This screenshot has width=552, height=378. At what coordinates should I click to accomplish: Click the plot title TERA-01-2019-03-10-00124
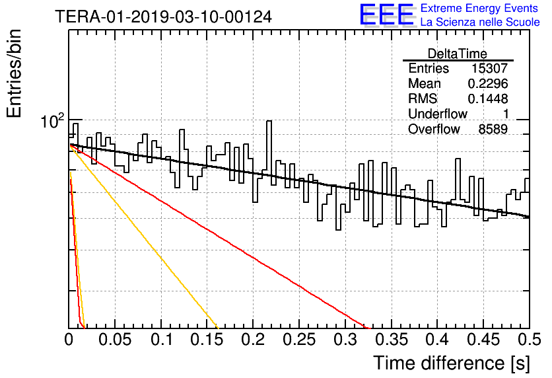[163, 17]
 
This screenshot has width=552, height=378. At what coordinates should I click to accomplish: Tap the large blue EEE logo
[387, 15]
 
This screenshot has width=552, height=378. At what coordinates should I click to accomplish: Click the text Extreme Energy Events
[479, 8]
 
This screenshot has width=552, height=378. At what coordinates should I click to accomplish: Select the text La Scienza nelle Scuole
[480, 22]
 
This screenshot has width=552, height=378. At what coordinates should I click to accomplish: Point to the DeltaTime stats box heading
[458, 54]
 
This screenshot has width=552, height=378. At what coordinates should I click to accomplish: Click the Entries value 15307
[489, 68]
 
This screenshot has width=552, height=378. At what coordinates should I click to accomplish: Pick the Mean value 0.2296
[487, 83]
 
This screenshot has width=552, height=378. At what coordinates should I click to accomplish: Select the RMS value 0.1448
[487, 99]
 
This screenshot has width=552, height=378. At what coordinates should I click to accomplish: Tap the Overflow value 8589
[493, 130]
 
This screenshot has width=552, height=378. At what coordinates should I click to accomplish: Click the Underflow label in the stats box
[438, 114]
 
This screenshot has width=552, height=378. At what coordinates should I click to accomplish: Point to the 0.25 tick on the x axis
[299, 340]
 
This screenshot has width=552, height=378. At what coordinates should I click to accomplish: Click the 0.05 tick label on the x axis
[115, 340]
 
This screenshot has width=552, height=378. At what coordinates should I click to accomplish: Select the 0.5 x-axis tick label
[530, 340]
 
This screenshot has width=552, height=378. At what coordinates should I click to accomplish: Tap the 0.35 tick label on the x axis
[391, 340]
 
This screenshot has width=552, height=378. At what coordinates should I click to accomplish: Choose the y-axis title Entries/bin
[14, 73]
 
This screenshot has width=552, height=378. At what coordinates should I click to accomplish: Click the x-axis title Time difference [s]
[452, 363]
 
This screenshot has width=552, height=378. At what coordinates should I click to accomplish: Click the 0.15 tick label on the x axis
[207, 340]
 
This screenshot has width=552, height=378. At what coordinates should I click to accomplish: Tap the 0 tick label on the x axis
[69, 340]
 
